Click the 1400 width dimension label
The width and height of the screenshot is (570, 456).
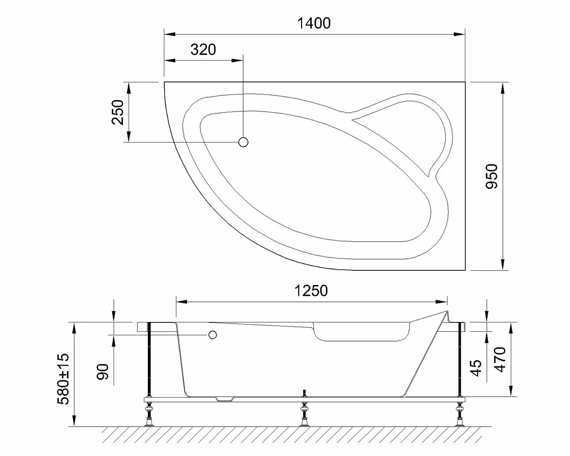[314, 23]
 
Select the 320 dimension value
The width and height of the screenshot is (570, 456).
[203, 49]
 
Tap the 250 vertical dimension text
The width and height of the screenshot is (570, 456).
[118, 112]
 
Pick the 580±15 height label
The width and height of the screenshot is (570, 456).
[64, 379]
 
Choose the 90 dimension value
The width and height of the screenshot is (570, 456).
[103, 370]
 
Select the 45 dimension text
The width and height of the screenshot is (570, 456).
[476, 368]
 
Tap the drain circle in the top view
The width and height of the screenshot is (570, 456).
[243, 142]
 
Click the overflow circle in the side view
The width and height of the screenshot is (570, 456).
[212, 335]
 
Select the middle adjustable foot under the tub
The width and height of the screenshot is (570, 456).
[305, 414]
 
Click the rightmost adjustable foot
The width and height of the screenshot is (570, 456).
[459, 414]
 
